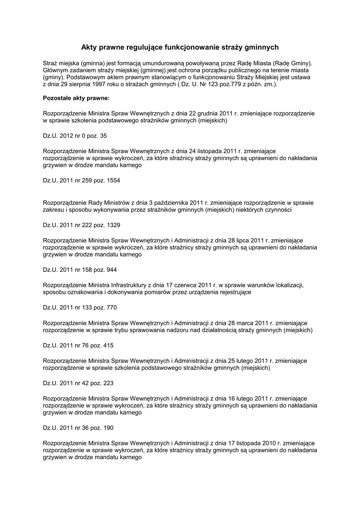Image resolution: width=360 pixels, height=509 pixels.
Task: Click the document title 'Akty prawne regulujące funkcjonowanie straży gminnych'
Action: [180, 47]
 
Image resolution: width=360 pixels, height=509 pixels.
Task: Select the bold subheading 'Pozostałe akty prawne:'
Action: [73, 99]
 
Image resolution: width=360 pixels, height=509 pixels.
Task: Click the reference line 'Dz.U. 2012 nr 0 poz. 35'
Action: [75, 135]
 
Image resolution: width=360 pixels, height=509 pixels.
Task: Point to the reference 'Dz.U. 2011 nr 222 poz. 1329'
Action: [82, 225]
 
